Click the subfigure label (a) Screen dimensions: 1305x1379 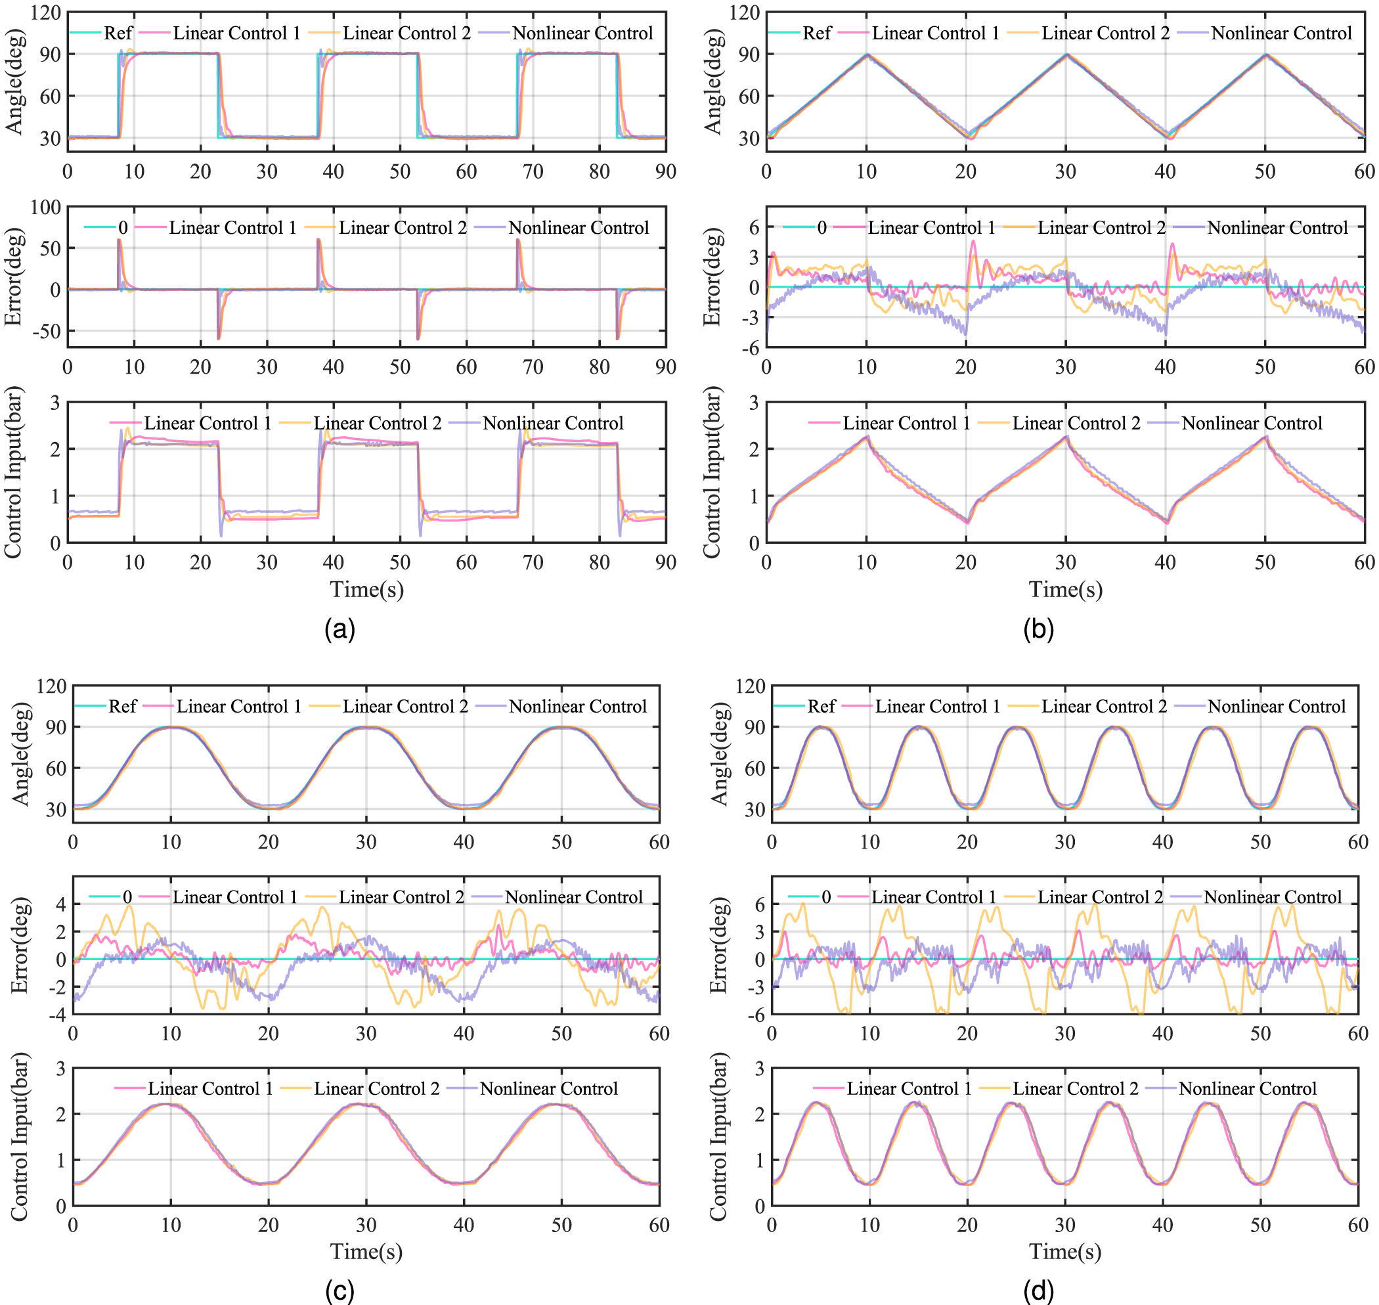(339, 630)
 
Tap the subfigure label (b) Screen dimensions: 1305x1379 (1038, 630)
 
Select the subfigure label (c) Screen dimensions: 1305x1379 (339, 1291)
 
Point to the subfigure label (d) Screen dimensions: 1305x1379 (1038, 1291)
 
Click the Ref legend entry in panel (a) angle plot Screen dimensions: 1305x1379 (118, 33)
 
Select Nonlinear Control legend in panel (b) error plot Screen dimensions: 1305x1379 (1277, 227)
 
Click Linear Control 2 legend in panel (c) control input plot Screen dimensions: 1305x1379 (376, 1089)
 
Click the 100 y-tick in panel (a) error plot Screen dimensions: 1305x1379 (45, 208)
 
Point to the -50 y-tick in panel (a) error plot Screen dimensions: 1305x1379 (45, 331)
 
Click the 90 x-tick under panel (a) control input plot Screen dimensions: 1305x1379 (665, 562)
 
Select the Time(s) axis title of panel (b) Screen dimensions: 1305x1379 (1065, 589)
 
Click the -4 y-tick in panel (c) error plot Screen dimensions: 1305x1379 (57, 1014)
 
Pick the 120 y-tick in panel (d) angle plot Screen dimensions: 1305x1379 (751, 686)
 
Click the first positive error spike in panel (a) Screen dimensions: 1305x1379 (119, 240)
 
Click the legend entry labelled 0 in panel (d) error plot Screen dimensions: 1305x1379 (825, 897)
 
